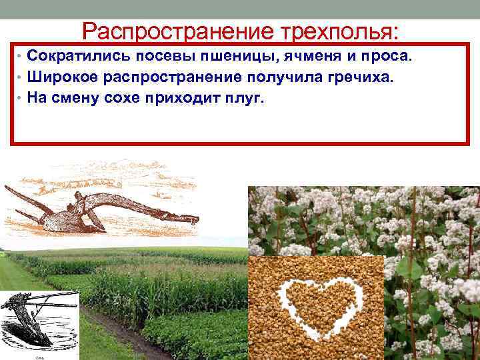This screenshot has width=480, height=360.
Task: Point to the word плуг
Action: tap(245, 98)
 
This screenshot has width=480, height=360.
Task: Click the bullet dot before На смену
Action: tap(21, 99)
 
